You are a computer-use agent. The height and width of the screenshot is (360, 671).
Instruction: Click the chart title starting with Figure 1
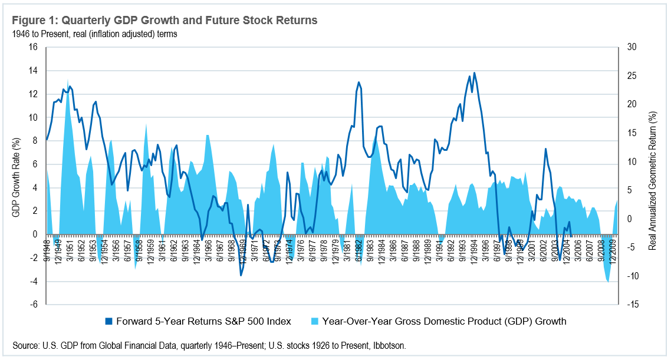pyautogui.click(x=165, y=21)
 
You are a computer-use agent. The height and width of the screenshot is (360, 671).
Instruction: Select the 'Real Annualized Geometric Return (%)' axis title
pyautogui.click(x=652, y=176)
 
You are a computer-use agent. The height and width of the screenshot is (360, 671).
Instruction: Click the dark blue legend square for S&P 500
pyautogui.click(x=108, y=321)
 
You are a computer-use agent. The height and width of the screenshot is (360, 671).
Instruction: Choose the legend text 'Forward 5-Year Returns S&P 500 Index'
pyautogui.click(x=203, y=321)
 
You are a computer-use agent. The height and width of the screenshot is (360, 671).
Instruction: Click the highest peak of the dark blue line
pyautogui.click(x=475, y=73)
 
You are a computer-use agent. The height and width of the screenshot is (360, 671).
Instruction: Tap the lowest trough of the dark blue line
pyautogui.click(x=241, y=275)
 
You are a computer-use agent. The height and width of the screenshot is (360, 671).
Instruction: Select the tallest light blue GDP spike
pyautogui.click(x=68, y=80)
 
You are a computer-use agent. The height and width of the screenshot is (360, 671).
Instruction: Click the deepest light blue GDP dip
pyautogui.click(x=608, y=282)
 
